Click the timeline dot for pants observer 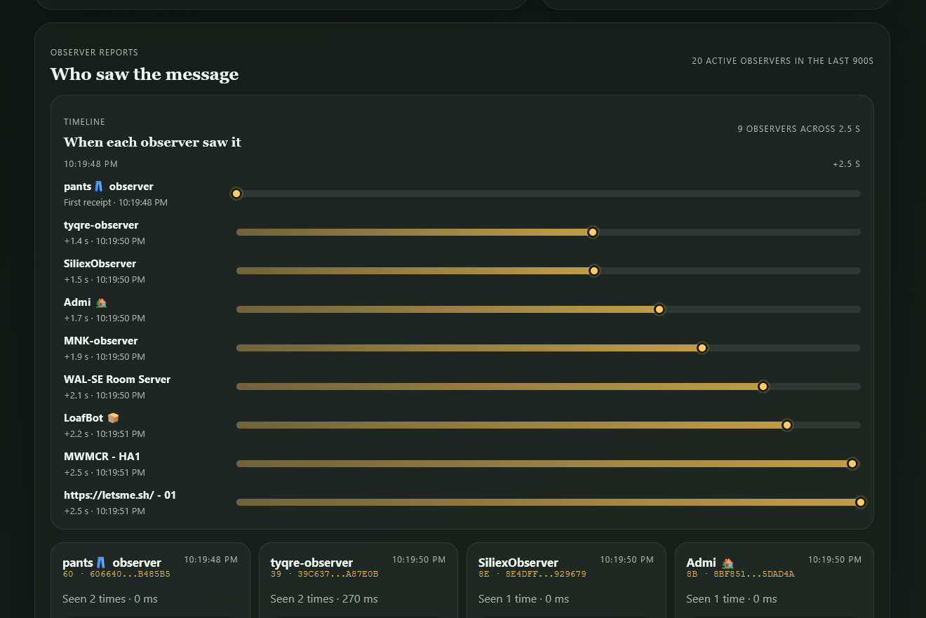coord(236,194)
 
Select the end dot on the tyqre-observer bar coord(592,232)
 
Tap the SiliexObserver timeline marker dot coord(594,271)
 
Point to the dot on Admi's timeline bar coord(659,309)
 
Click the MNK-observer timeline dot coord(702,348)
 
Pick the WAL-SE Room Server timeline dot coord(763,387)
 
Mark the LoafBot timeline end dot coord(787,425)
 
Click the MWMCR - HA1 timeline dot coord(852,464)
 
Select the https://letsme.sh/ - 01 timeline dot coord(861,502)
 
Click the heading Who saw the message coord(145,74)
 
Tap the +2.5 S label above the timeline coord(846,164)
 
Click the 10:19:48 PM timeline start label coord(90,164)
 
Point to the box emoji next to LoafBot coord(113,418)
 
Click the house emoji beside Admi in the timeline coord(101,302)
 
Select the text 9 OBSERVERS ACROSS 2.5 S coord(798,129)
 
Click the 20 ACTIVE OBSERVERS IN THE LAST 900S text coord(783,61)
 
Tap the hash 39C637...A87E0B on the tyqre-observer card coord(337,574)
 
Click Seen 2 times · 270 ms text coord(323,598)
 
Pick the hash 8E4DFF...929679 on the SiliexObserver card coord(546,574)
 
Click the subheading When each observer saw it coord(152,142)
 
